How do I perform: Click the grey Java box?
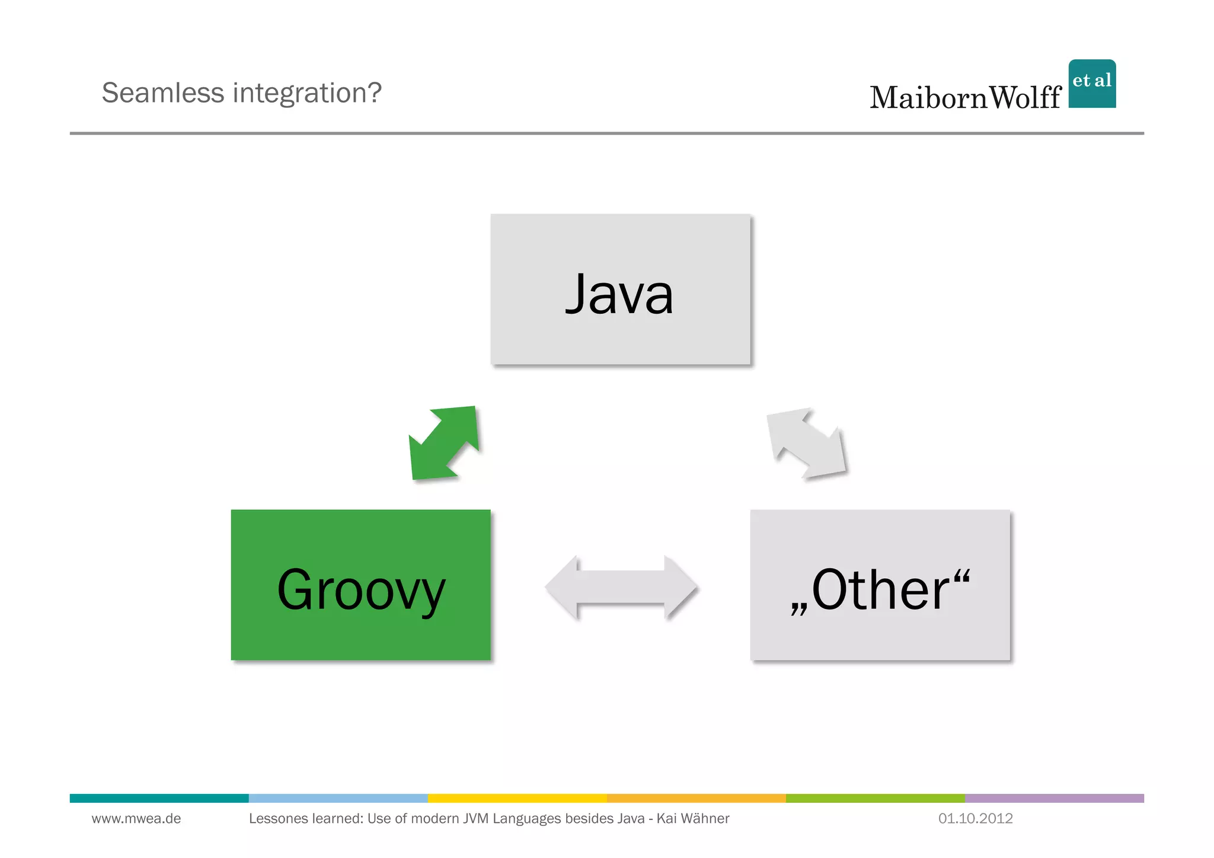tap(620, 289)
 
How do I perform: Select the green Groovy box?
tap(360, 585)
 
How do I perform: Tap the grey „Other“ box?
tap(880, 585)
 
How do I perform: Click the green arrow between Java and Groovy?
tap(444, 443)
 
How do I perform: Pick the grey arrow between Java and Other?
tap(806, 443)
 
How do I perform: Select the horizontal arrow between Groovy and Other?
tap(621, 587)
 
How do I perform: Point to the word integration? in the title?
tap(307, 93)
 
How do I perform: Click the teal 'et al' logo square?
tap(1092, 84)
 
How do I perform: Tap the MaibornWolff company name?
tap(965, 98)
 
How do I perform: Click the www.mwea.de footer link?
tap(136, 819)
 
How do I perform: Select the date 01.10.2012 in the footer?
tap(975, 819)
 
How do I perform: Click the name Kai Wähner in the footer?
tap(693, 819)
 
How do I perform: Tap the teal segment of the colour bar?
tap(159, 798)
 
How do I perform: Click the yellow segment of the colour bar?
tap(517, 798)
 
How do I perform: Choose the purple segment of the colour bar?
tap(1054, 798)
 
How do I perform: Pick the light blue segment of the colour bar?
tap(338, 798)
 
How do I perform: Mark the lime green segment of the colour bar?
tap(875, 798)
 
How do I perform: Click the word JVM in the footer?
tap(475, 819)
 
